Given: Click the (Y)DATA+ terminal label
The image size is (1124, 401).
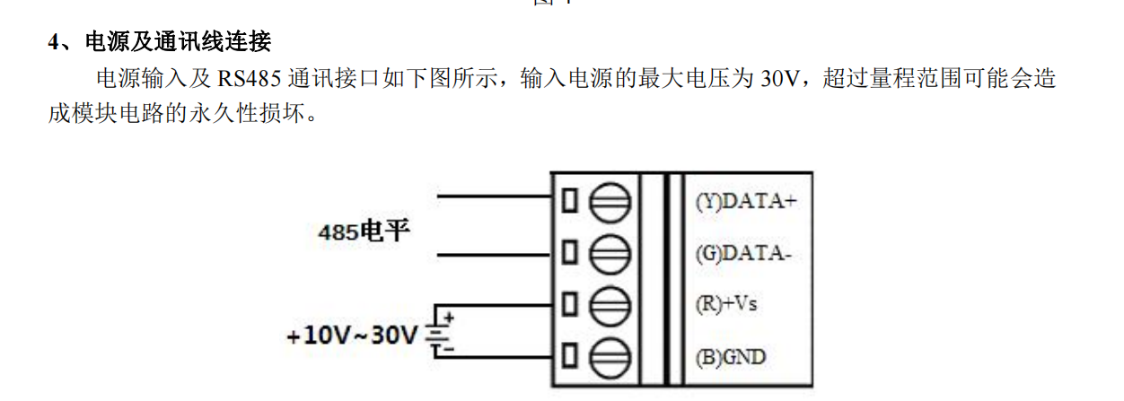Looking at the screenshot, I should pos(746,201).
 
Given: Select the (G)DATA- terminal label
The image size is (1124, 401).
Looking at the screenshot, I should pos(743,253).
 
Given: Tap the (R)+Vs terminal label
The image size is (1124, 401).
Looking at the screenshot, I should pos(726,304).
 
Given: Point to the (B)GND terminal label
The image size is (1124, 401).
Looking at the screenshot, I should pos(731,356).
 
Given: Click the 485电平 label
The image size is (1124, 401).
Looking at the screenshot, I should pos(364,232).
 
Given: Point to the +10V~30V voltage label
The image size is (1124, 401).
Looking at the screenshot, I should pos(353,336).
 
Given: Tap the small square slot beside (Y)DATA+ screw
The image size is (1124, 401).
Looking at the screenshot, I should pos(568,201).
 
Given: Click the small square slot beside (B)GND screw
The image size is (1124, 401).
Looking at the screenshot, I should pos(568,356).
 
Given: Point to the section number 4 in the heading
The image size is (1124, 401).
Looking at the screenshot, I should pos(54,42).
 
